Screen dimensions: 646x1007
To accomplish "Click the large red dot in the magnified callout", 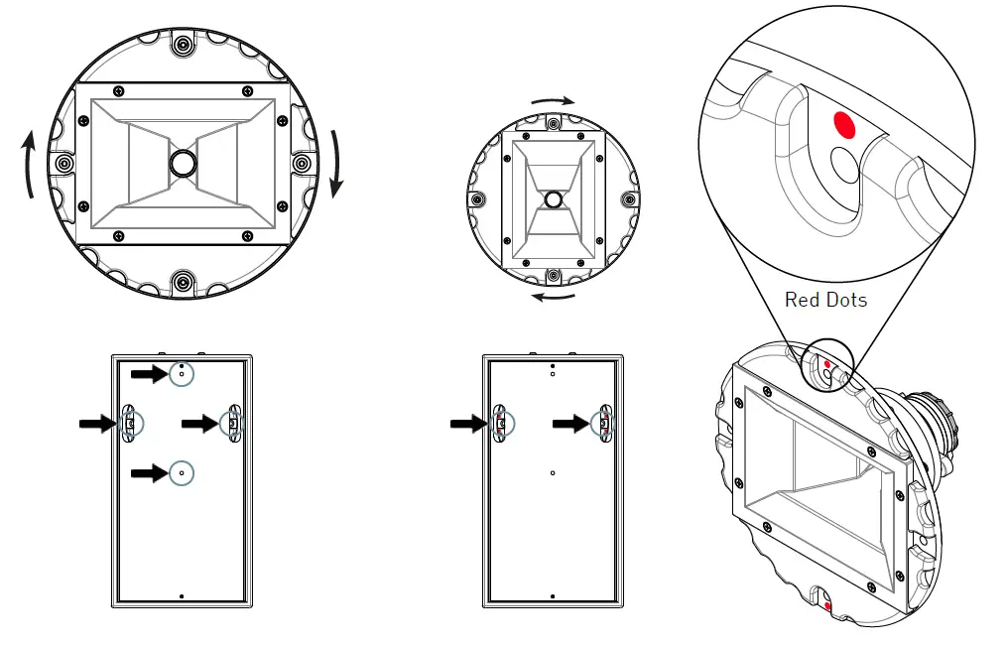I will [844, 124].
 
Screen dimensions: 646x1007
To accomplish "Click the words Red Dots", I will [825, 299].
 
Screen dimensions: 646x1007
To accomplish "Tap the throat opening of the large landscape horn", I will [182, 163].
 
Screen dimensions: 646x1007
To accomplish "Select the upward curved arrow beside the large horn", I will [30, 163].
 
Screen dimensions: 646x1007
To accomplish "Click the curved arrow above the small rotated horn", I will [553, 102].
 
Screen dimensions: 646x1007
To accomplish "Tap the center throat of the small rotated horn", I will [553, 198].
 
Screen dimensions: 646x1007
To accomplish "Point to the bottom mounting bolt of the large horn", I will [182, 282].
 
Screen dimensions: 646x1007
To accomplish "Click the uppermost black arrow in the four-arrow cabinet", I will [150, 373].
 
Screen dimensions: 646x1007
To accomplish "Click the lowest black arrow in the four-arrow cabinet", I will [150, 473].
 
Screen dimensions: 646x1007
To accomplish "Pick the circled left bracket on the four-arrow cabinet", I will [130, 424].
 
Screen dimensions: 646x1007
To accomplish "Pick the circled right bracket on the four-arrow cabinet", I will [232, 424].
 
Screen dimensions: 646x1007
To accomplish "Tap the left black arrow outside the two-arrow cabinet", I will [468, 424].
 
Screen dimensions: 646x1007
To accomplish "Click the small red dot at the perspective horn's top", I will [826, 365].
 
